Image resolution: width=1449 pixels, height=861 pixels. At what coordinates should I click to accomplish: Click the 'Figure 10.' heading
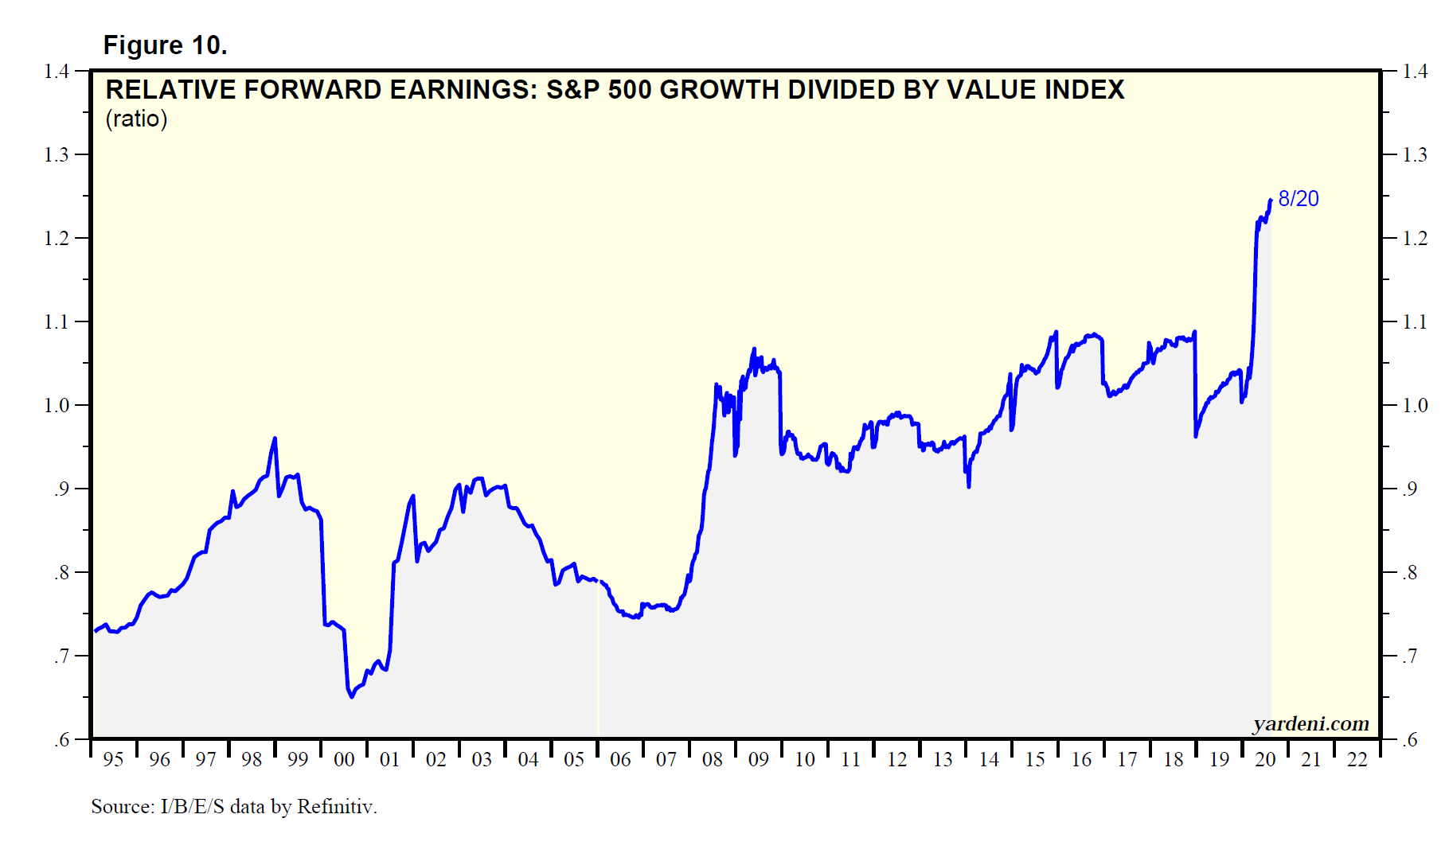pyautogui.click(x=165, y=45)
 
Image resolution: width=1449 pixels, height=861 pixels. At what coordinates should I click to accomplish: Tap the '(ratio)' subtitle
pyautogui.click(x=136, y=119)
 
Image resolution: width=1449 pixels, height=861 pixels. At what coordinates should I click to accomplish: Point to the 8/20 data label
pyautogui.click(x=1298, y=199)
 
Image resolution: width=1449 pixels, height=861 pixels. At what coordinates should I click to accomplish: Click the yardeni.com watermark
pyautogui.click(x=1310, y=723)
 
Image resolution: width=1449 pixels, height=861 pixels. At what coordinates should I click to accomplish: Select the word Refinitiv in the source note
pyautogui.click(x=336, y=807)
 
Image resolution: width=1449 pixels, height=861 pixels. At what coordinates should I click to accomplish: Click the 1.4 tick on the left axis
pyautogui.click(x=57, y=72)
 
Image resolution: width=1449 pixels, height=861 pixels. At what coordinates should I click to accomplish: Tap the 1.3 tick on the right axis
pyautogui.click(x=1414, y=154)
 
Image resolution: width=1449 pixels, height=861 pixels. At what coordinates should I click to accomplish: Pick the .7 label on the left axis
pyautogui.click(x=62, y=656)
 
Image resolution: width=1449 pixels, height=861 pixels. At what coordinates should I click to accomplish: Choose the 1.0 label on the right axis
pyautogui.click(x=1414, y=405)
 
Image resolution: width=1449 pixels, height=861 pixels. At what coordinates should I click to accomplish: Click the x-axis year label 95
pyautogui.click(x=113, y=760)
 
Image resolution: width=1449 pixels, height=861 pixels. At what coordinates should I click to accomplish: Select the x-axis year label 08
pyautogui.click(x=712, y=760)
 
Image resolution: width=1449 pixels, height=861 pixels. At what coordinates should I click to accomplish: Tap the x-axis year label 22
pyautogui.click(x=1357, y=760)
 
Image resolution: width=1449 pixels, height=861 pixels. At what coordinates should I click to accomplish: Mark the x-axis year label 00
pyautogui.click(x=344, y=760)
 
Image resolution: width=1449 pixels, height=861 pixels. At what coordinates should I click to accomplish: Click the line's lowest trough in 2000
pyautogui.click(x=352, y=697)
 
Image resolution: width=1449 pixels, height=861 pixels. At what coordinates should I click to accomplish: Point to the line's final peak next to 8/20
pyautogui.click(x=1270, y=201)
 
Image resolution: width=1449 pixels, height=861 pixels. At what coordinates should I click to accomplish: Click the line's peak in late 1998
pyautogui.click(x=275, y=438)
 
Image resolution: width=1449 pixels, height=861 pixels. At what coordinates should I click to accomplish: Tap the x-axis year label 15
pyautogui.click(x=1034, y=760)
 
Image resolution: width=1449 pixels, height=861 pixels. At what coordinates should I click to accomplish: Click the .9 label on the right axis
pyautogui.click(x=1410, y=489)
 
